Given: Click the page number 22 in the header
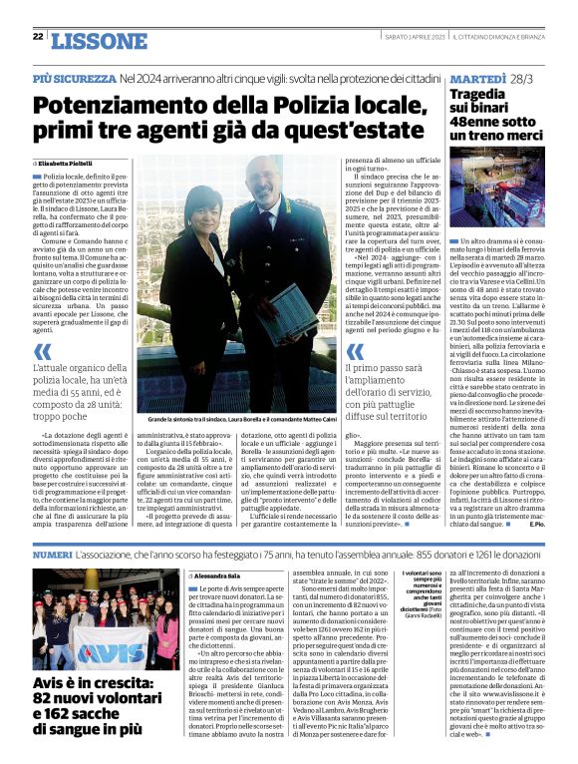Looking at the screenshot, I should tap(37, 37).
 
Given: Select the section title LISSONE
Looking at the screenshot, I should tap(98, 41).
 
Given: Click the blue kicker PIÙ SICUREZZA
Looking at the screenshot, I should tap(74, 77).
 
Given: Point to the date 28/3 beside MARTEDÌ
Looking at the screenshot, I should tap(524, 77).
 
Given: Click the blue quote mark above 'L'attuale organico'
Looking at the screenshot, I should tap(41, 352).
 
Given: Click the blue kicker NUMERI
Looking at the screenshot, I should tap(52, 553).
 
